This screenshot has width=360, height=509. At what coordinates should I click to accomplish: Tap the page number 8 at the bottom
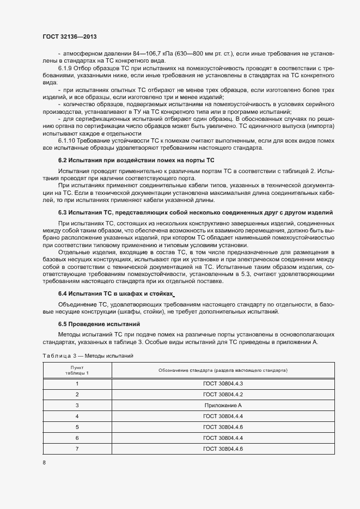pos(44,462)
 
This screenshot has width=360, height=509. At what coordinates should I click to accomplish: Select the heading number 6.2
pos(62,161)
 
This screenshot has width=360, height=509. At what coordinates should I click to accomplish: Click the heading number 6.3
pos(62,212)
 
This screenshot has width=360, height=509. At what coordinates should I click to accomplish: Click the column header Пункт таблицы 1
pos(77,370)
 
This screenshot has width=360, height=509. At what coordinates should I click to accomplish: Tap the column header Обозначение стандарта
pos(223,370)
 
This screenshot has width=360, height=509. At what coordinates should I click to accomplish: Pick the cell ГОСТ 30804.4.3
pos(223,384)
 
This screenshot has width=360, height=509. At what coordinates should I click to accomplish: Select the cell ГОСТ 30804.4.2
pos(223,395)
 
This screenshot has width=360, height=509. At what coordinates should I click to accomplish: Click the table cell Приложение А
pos(223,406)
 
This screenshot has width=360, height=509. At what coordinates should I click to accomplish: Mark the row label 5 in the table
pos(77,427)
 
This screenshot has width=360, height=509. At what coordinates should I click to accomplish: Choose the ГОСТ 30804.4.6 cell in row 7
pos(223,449)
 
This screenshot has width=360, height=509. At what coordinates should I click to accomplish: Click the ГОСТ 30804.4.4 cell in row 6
pos(223,438)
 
